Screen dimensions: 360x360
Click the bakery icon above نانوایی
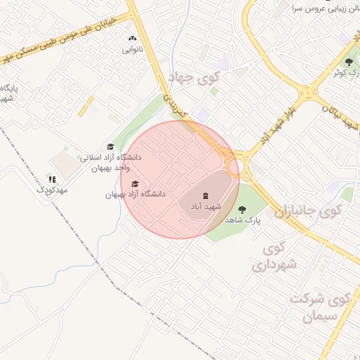[132, 39]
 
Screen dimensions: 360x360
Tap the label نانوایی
[132, 49]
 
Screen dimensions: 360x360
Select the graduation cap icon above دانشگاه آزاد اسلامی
[110, 146]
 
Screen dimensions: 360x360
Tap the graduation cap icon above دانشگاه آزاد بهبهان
[135, 184]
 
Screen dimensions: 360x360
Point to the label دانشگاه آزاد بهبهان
[135, 194]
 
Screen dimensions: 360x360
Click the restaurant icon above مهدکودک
[52, 179]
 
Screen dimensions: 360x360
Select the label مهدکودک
[52, 190]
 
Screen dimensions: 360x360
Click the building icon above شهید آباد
[205, 195]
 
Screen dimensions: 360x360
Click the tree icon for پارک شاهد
[243, 209]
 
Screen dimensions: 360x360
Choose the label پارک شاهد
[243, 220]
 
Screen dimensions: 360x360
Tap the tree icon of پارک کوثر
[349, 62]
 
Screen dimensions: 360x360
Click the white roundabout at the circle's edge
[237, 167]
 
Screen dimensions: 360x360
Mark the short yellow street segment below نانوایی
[86, 106]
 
